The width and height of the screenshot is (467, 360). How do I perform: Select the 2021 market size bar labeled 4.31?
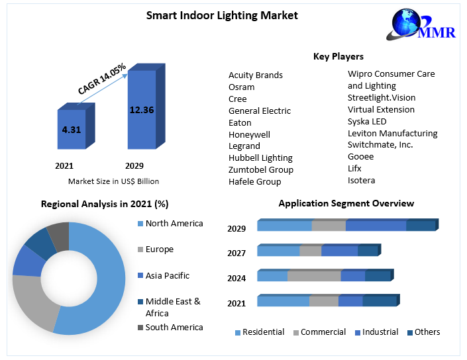[71, 130]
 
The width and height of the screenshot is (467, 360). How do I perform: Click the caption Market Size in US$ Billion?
[113, 181]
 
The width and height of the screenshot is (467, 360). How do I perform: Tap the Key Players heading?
[338, 57]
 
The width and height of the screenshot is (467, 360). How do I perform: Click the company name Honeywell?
[249, 134]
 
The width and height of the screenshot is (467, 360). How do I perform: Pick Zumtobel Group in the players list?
[260, 169]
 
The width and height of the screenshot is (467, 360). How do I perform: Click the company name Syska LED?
[367, 121]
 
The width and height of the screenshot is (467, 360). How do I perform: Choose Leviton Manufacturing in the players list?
[392, 133]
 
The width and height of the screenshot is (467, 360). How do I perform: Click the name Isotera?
[361, 180]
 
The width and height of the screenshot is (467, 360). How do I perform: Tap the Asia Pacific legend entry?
[167, 275]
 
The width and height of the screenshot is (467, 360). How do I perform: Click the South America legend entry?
[174, 327]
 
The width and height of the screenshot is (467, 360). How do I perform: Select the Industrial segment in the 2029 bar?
[376, 226]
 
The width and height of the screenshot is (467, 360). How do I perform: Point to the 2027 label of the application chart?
[236, 253]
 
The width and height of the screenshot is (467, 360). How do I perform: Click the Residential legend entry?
[263, 332]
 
